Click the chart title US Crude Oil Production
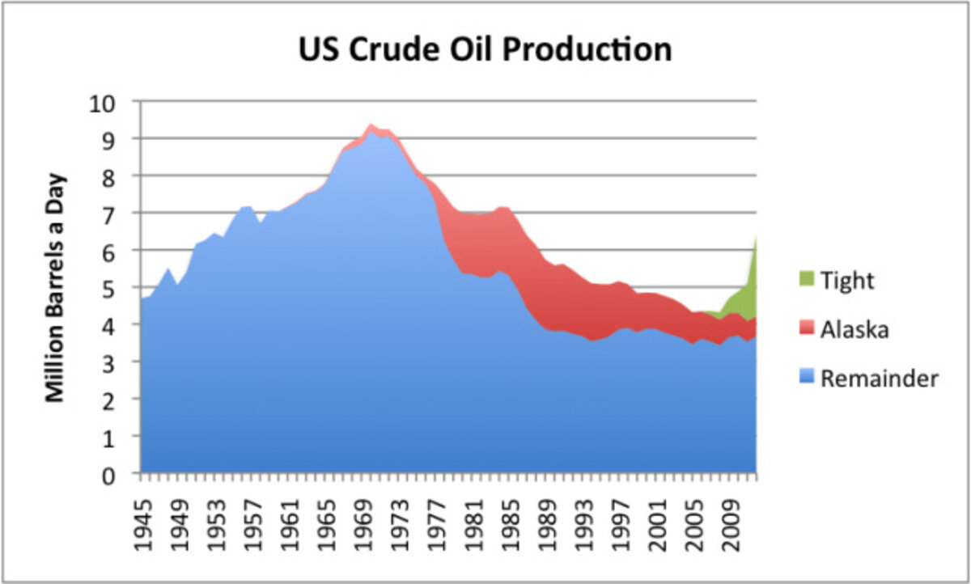[485, 50]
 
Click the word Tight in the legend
[848, 281]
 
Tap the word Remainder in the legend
[880, 378]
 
